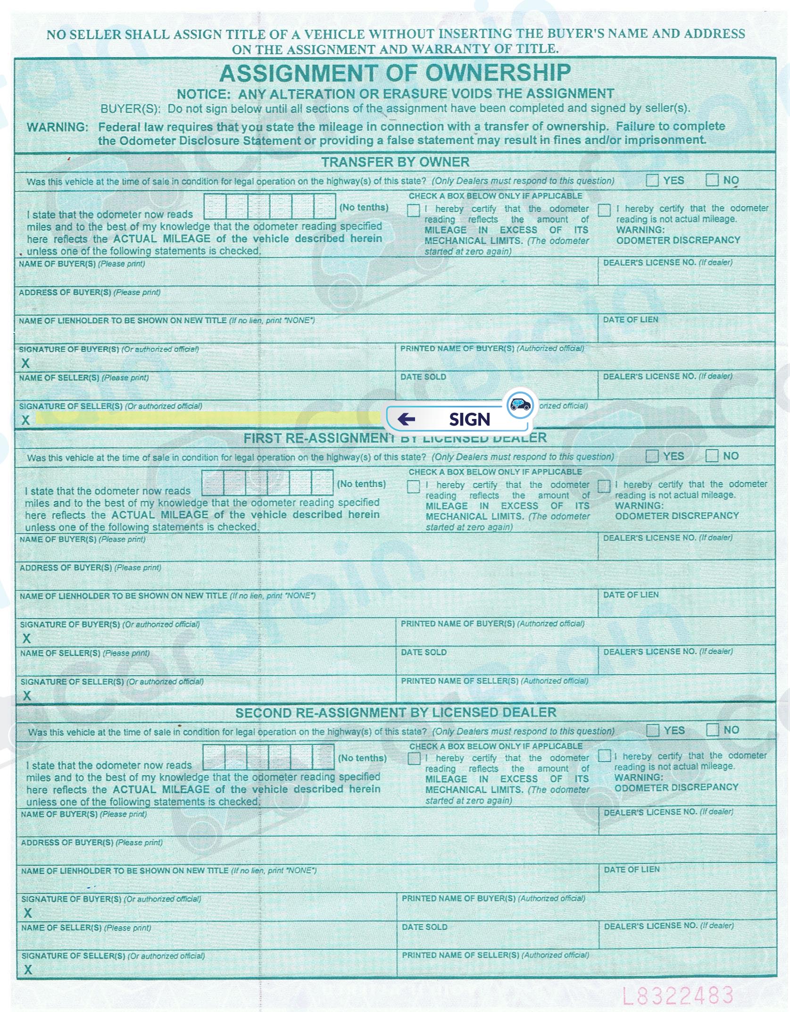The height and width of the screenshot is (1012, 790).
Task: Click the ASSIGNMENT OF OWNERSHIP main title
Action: pyautogui.click(x=395, y=74)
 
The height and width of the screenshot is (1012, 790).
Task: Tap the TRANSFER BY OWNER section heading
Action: pyautogui.click(x=395, y=162)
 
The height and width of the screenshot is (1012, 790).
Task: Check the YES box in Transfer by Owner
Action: pyautogui.click(x=653, y=180)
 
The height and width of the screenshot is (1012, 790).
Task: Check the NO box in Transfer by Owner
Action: pyautogui.click(x=712, y=180)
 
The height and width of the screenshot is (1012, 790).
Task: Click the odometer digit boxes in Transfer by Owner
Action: pyautogui.click(x=270, y=206)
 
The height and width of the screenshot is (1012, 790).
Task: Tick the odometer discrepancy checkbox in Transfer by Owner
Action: pyautogui.click(x=604, y=210)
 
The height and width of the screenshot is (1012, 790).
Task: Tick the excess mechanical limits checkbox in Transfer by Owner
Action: pyautogui.click(x=413, y=210)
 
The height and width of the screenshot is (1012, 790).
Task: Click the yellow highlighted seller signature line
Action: pyautogui.click(x=208, y=418)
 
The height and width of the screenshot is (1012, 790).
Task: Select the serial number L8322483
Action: pyautogui.click(x=678, y=995)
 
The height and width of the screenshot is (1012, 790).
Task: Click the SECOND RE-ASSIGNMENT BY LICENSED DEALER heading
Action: pyautogui.click(x=396, y=712)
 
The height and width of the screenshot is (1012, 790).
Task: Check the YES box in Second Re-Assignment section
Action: pyautogui.click(x=653, y=730)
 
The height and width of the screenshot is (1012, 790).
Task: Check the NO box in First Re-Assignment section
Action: pyautogui.click(x=712, y=456)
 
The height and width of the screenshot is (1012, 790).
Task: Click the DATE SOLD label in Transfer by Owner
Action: pyautogui.click(x=423, y=377)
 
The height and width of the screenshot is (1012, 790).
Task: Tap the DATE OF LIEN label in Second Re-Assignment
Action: pyautogui.click(x=632, y=869)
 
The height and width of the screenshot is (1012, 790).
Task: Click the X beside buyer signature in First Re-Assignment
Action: pyautogui.click(x=27, y=638)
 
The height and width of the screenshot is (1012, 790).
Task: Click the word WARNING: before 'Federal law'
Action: pyautogui.click(x=57, y=127)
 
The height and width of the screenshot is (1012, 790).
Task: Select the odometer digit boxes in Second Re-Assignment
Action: pyautogui.click(x=268, y=757)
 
